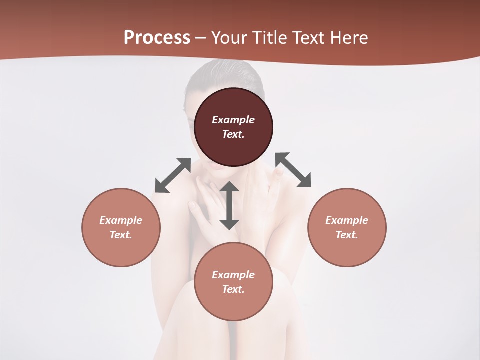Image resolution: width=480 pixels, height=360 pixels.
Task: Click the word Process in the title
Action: point(157,38)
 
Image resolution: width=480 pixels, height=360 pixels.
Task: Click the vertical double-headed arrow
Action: point(229,205)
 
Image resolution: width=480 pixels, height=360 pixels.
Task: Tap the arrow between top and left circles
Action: point(173,175)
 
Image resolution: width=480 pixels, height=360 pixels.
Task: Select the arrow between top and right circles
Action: point(293,170)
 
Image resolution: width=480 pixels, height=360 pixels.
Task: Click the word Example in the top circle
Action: point(233,120)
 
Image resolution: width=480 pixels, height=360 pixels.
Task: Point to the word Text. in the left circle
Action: point(121,235)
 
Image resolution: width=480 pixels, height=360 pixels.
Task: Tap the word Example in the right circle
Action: point(347,220)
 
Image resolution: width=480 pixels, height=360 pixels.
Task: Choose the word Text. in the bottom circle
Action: point(233,289)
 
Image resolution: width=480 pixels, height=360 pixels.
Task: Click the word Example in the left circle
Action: point(121,220)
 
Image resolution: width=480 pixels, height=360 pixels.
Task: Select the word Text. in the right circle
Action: point(347,235)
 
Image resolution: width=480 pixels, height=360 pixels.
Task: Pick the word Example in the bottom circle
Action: point(233,275)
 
